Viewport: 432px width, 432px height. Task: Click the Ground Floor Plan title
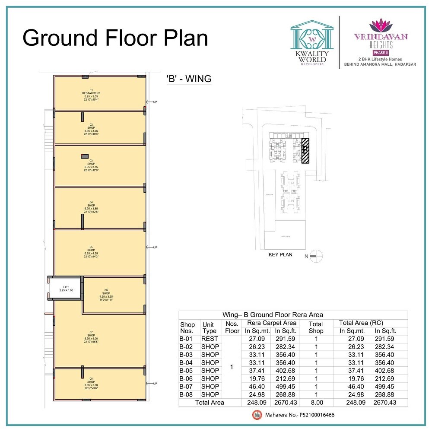tap(115, 38)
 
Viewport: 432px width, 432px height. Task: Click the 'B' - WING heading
tap(189, 79)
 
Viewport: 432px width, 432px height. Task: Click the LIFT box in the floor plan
tap(66, 289)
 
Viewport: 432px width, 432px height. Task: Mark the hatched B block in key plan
tap(305, 150)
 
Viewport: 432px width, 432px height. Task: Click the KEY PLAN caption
tap(280, 255)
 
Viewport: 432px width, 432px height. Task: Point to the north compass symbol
tap(315, 256)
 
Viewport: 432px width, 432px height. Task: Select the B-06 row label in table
tap(187, 378)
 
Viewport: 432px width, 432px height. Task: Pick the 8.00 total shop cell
tap(316, 402)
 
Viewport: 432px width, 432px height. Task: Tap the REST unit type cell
tap(210, 339)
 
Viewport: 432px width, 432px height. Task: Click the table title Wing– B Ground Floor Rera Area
tap(273, 315)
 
